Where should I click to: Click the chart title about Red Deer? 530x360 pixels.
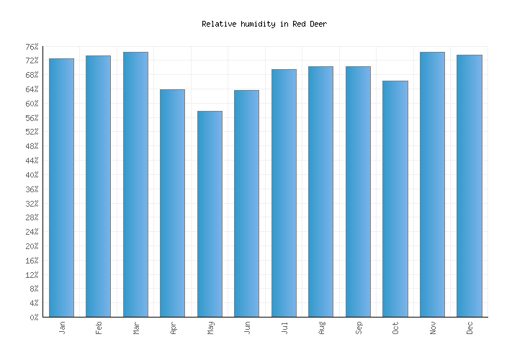(x=264, y=24)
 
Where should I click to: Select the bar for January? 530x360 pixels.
(x=61, y=187)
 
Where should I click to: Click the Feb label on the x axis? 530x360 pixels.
(x=99, y=328)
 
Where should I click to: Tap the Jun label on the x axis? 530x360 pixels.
(x=247, y=328)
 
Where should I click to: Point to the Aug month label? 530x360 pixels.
(x=321, y=328)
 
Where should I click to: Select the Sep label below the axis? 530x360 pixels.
(x=358, y=328)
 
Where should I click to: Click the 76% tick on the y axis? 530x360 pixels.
(x=32, y=47)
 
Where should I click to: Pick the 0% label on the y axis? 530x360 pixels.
(x=34, y=318)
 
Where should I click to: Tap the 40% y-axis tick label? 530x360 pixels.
(x=32, y=175)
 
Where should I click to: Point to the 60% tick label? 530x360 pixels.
(x=32, y=104)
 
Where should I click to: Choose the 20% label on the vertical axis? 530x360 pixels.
(x=32, y=246)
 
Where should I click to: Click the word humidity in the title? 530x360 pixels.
(x=257, y=24)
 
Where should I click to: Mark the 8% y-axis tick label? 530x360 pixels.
(x=34, y=289)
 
